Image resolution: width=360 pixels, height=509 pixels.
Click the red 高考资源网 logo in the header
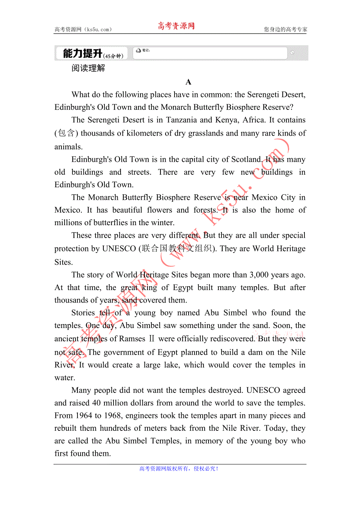click(176, 26)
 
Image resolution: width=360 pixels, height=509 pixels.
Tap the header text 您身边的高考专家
click(285, 29)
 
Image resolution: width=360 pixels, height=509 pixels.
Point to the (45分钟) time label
click(113, 56)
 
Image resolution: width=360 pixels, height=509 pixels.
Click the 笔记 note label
click(146, 50)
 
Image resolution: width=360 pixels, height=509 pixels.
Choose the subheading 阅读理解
click(88, 68)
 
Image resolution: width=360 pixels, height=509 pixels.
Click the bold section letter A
click(188, 82)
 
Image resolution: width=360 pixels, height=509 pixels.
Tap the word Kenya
click(236, 120)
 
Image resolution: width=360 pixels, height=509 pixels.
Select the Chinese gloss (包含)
click(67, 133)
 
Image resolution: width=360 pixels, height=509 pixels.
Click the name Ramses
click(132, 339)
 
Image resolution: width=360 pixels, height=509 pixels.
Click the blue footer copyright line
click(179, 468)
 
